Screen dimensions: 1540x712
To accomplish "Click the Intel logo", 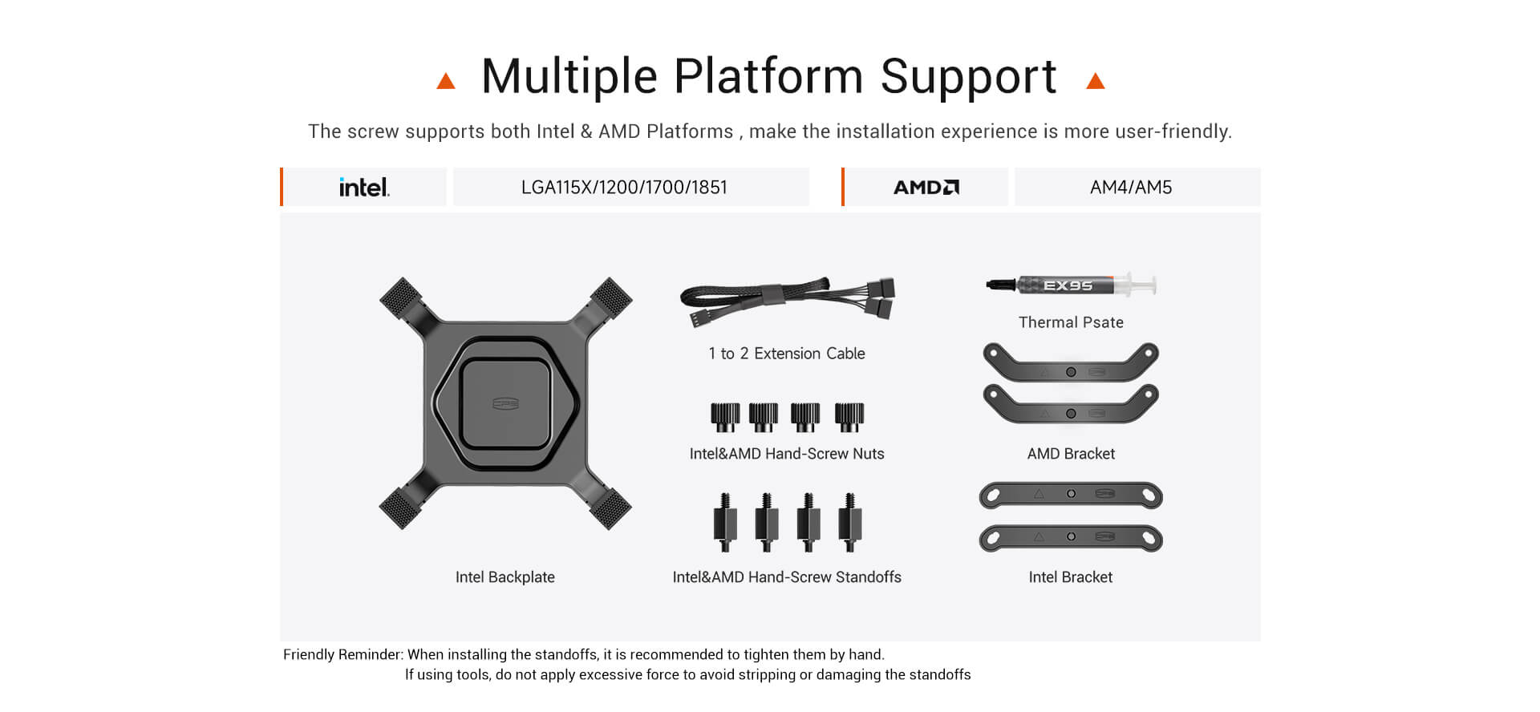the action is click(364, 187).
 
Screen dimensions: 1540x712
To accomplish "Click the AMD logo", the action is click(926, 187).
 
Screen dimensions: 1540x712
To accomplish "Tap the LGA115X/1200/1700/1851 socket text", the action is click(624, 187).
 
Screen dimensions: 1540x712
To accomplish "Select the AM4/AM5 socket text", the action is click(1131, 187).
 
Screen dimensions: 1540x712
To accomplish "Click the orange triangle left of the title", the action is click(446, 80).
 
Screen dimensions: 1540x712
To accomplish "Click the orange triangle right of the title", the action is click(1096, 80).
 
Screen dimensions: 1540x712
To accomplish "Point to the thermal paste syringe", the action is click(1071, 285).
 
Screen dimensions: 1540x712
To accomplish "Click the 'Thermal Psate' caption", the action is click(1071, 322).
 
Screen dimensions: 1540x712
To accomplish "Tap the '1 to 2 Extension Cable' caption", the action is click(787, 354).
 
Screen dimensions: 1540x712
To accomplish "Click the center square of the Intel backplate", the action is click(505, 403).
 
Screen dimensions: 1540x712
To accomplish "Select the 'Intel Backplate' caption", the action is click(505, 577).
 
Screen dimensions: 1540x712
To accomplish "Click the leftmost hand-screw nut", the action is click(725, 417).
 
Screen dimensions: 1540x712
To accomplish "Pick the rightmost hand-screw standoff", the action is click(850, 522).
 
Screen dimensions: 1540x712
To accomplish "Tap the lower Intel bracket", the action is click(1071, 537).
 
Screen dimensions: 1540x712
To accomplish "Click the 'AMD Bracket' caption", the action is click(1071, 454).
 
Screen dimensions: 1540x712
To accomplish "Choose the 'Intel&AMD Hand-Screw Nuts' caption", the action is click(787, 454).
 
